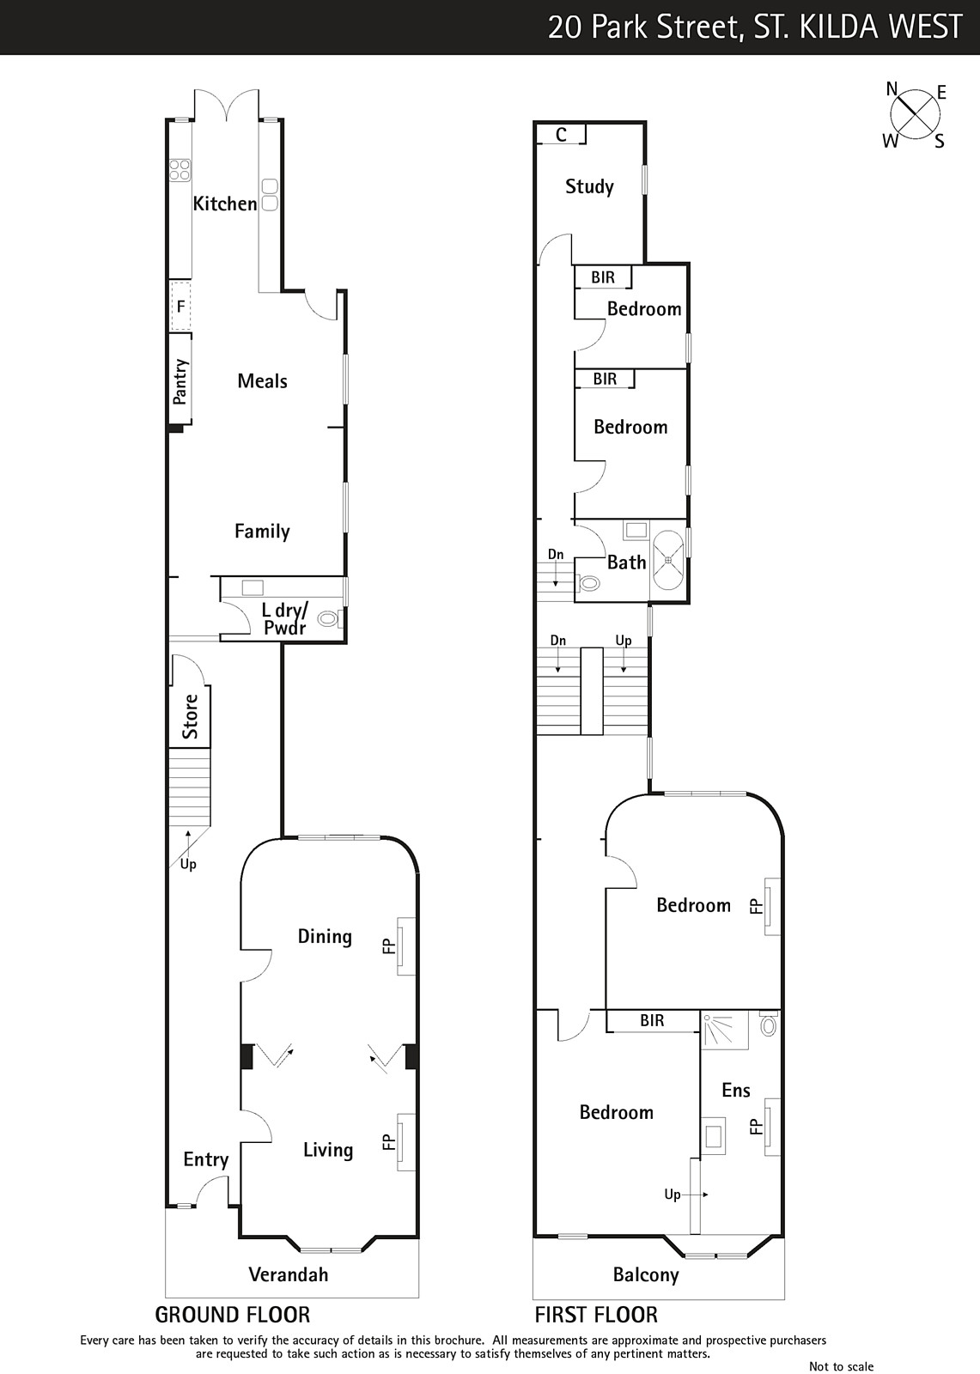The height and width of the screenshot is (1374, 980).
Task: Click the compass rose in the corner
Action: pos(915,115)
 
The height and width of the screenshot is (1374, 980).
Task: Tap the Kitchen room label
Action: pos(224,204)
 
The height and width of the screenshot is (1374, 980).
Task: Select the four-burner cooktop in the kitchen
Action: pos(180,170)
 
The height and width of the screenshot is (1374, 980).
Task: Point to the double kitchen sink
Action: pos(270,195)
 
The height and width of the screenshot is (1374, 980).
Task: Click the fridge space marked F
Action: pos(180,306)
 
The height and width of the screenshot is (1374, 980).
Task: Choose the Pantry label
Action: pos(180,381)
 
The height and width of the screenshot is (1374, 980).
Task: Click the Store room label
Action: pos(190,716)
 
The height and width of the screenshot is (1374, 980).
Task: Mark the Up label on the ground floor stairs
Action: pos(188,864)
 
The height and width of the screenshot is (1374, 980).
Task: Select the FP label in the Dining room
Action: pos(388,946)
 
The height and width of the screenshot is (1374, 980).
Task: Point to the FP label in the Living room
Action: pos(388,1141)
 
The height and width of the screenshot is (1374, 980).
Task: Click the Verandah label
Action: pos(289,1274)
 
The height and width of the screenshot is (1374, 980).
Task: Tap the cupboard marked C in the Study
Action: pos(561,134)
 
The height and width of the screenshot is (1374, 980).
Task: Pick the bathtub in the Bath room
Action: pos(667,560)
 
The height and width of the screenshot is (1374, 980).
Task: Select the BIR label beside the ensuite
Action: pos(652,1020)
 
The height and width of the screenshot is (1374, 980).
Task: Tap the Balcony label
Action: pos(646,1275)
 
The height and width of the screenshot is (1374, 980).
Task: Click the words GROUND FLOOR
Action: pos(233,1315)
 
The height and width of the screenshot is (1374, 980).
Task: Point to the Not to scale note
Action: pos(842,1366)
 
